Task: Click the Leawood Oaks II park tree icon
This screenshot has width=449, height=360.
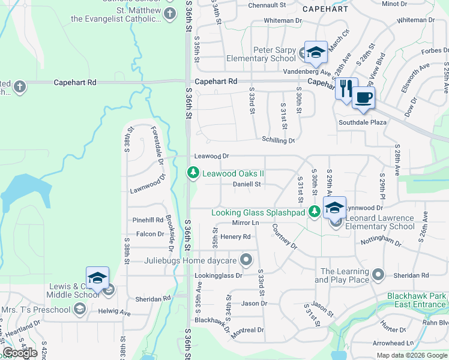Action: coord(193,173)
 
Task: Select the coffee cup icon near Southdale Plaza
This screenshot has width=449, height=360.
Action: coord(363,97)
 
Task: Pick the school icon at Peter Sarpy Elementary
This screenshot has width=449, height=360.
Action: coord(315,52)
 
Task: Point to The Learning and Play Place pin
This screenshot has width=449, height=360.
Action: coord(378,275)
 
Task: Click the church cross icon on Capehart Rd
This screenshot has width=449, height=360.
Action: coord(19,87)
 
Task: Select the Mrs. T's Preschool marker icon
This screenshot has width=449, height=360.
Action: coord(79,309)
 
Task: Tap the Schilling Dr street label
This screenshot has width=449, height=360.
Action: coord(278,140)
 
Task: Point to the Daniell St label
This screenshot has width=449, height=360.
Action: coord(247,184)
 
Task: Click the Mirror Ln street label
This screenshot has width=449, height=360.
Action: coord(244,223)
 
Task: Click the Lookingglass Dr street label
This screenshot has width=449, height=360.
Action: coord(218,276)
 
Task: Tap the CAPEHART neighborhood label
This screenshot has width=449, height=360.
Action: coord(325,9)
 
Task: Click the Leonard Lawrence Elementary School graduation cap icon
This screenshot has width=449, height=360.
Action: coord(334,208)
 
